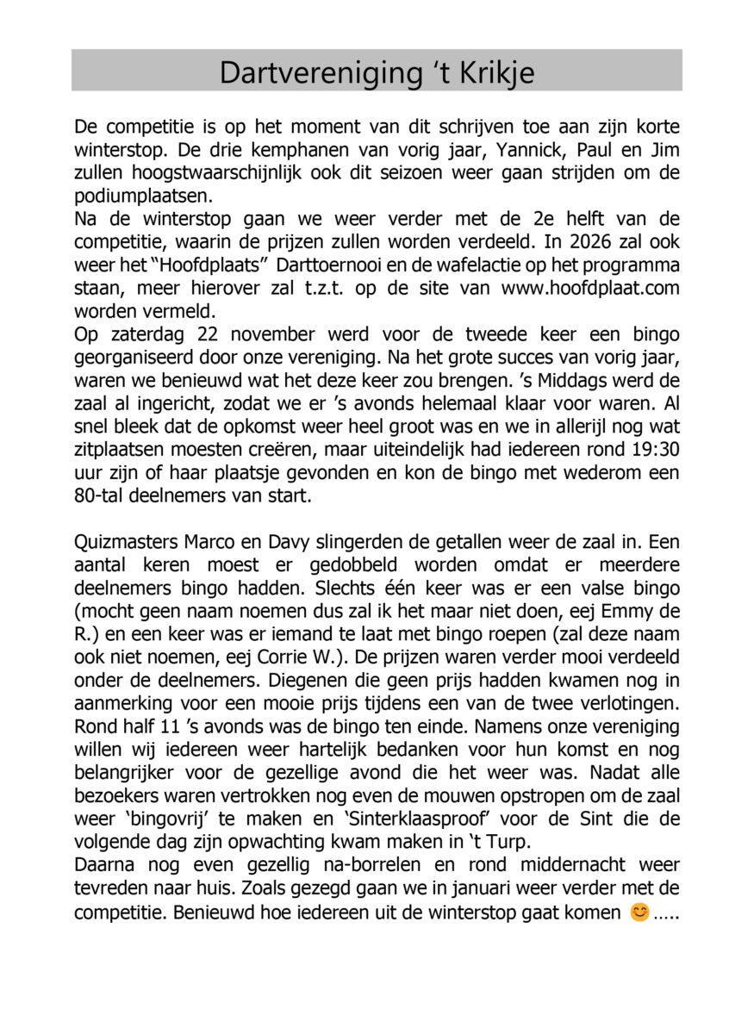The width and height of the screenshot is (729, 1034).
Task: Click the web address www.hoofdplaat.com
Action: pyautogui.click(x=589, y=286)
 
